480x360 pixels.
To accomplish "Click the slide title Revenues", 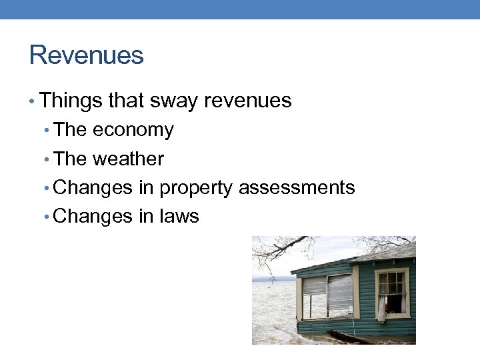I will click(x=87, y=55).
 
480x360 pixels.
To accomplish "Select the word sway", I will click(x=175, y=101).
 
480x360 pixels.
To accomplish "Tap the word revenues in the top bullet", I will click(x=248, y=101).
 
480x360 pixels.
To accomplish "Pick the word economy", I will click(x=133, y=130).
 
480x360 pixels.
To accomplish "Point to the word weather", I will click(x=128, y=159).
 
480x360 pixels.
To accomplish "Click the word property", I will click(x=195, y=188).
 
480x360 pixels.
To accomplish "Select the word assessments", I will click(x=297, y=188).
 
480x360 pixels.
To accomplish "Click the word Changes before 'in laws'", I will click(x=93, y=217).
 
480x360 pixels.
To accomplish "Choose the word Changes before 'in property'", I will click(x=93, y=188).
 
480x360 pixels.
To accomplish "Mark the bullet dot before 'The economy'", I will click(x=47, y=131).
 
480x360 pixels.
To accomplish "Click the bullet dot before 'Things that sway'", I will click(x=33, y=101).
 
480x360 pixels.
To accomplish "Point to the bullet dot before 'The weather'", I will click(x=47, y=159).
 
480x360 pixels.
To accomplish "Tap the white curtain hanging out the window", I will click(x=382, y=308).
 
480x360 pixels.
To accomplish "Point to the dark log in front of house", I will click(x=353, y=337).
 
